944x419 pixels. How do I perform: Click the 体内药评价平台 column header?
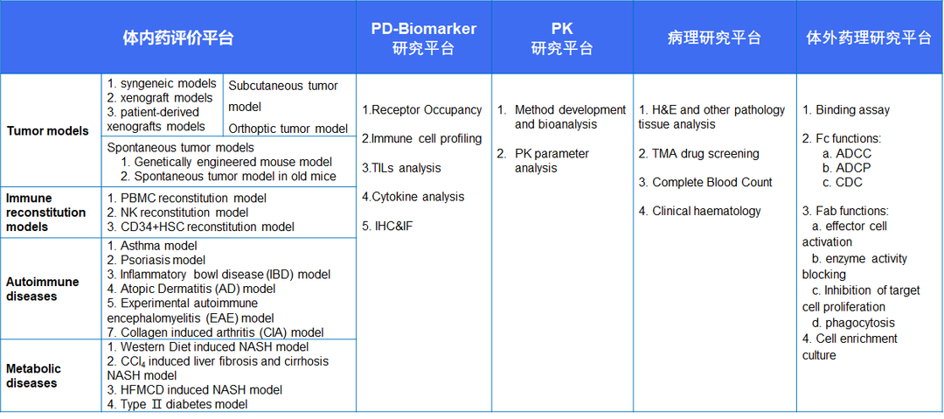177,38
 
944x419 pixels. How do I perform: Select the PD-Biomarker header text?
424,29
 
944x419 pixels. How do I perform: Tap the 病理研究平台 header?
715,38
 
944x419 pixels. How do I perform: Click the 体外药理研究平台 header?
870,38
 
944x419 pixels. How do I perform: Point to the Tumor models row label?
48,131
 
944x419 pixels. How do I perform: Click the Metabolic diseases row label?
34,375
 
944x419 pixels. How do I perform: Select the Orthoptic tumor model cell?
288,129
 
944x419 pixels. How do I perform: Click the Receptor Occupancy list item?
422,109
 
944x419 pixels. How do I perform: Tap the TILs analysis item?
401,168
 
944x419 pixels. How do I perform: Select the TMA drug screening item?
699,153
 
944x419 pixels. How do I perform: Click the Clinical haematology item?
699,211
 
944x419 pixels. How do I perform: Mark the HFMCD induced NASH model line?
194,389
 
